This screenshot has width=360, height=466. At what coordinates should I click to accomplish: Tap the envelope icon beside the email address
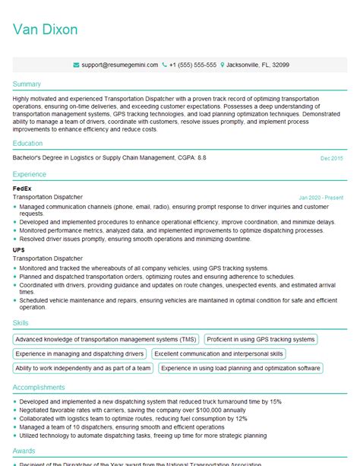tap(76, 65)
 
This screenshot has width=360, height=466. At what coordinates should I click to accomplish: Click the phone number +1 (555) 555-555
tap(193, 65)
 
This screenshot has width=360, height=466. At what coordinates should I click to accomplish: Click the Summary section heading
tap(27, 84)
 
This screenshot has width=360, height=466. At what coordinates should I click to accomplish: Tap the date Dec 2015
tap(331, 158)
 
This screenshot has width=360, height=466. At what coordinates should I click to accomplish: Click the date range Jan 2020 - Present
tap(321, 197)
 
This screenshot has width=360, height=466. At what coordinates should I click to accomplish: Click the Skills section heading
tap(21, 323)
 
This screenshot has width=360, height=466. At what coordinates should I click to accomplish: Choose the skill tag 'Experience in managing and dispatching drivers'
tap(80, 353)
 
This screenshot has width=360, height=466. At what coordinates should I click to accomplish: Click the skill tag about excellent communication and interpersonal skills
tap(219, 353)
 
